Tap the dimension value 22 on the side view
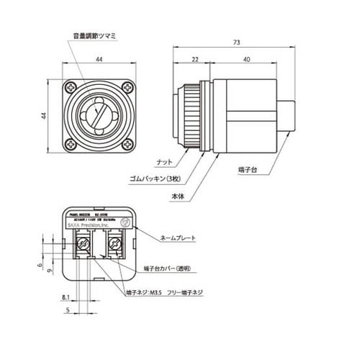(195, 60)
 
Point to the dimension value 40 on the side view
(247, 60)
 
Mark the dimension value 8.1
(66, 297)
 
